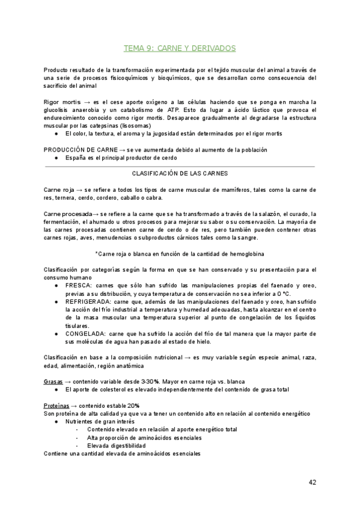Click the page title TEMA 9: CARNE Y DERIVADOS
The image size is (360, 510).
click(x=180, y=48)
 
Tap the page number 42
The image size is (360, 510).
click(x=313, y=482)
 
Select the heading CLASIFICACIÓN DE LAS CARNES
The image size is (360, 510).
click(x=180, y=173)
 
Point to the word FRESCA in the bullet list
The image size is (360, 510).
click(x=77, y=284)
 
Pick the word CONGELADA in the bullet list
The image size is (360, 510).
click(x=82, y=333)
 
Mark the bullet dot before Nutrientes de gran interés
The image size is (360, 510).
click(x=56, y=422)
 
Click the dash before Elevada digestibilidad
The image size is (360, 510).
click(x=77, y=446)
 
